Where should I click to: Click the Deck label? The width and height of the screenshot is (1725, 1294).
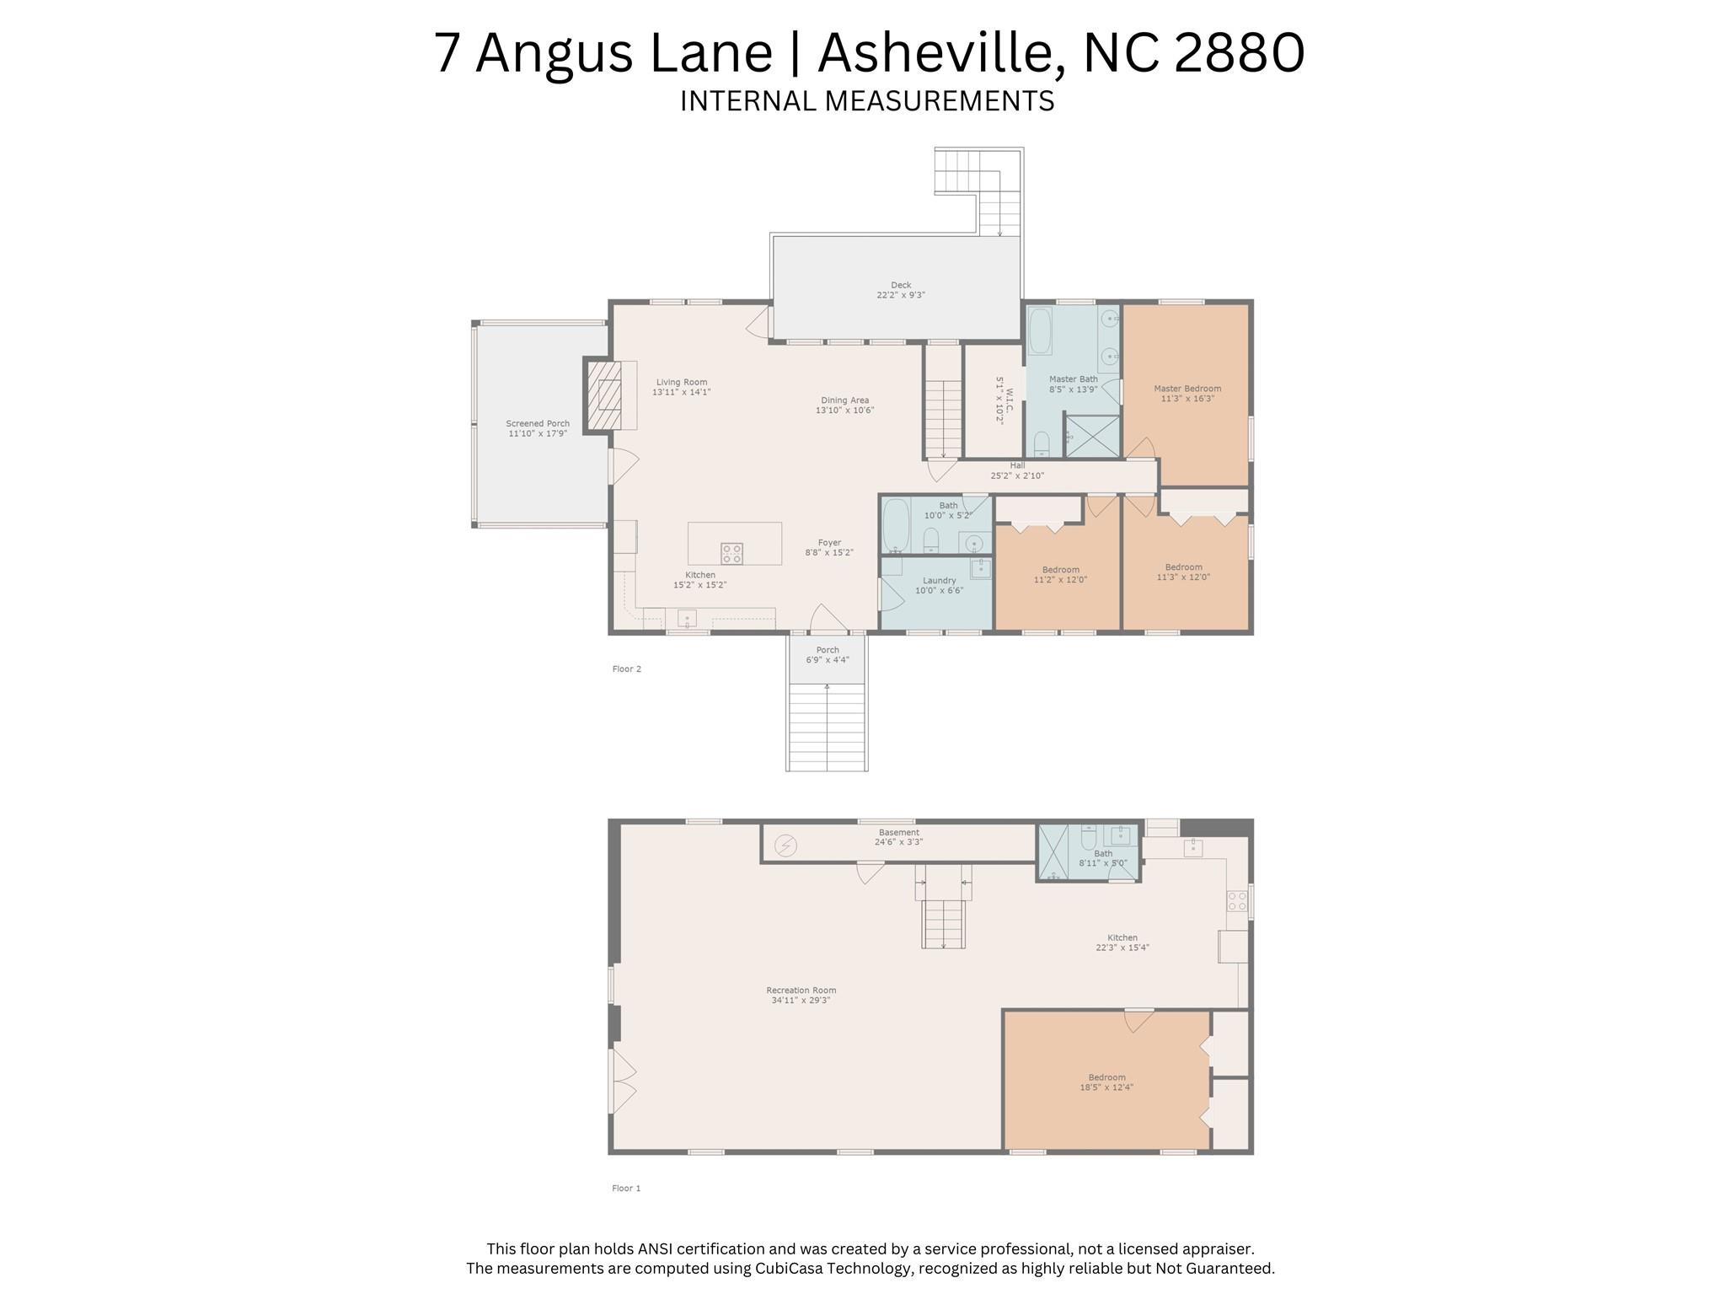point(900,285)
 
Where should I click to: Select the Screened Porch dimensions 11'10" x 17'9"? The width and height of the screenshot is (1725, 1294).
point(538,433)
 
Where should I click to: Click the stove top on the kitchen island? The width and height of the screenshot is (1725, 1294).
point(731,553)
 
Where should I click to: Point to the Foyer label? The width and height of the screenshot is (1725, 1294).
point(828,543)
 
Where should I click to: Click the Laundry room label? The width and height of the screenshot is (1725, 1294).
point(939,580)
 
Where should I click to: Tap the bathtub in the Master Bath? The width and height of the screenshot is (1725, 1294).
point(1040,331)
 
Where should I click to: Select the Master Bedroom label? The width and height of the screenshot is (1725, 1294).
point(1187,389)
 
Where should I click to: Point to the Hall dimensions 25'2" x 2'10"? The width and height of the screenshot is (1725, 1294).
point(1016,475)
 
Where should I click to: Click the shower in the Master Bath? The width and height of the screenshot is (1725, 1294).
point(1092,436)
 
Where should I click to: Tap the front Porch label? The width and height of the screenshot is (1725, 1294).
point(827,650)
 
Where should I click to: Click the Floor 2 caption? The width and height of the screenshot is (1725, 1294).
point(626,668)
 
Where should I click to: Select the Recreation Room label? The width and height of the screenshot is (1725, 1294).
point(801,991)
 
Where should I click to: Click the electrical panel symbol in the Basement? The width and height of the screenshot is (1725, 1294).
point(785,845)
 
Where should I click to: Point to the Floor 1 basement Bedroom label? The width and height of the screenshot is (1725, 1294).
point(1106,1077)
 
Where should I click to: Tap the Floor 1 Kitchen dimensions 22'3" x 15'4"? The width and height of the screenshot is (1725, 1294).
point(1122,948)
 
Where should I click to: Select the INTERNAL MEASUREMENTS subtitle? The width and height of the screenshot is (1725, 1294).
point(866,101)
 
